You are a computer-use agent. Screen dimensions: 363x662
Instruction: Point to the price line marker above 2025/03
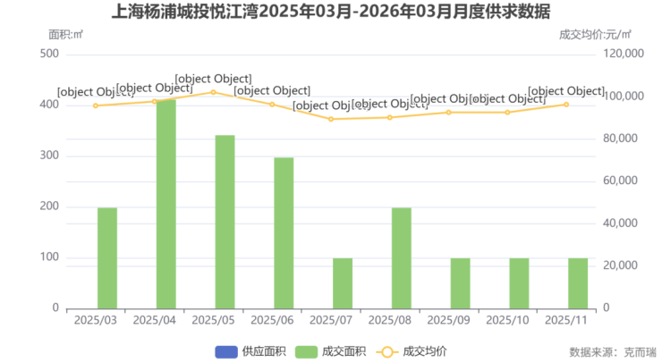click(x=96, y=106)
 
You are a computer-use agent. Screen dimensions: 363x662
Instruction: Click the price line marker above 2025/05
click(x=213, y=92)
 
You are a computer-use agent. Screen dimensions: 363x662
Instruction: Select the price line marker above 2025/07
click(x=331, y=119)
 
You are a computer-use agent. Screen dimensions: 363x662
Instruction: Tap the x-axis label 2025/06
click(x=272, y=320)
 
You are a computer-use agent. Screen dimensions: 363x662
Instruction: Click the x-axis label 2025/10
click(x=507, y=320)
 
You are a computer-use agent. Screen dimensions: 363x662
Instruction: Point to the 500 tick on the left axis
click(x=50, y=55)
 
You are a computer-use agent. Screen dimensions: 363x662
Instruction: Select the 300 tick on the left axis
click(x=50, y=156)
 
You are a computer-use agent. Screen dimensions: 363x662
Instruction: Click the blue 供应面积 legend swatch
click(x=225, y=351)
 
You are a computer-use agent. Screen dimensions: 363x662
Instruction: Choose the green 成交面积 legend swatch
click(x=307, y=351)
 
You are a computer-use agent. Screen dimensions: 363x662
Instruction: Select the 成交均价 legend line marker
click(x=386, y=351)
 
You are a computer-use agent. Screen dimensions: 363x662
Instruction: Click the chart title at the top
click(x=331, y=13)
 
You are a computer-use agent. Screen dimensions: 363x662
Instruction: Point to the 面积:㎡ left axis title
click(x=65, y=35)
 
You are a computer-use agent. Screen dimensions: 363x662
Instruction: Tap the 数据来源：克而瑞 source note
click(x=612, y=352)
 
